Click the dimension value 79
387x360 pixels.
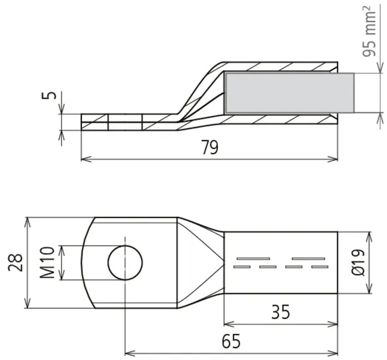click(x=210, y=147)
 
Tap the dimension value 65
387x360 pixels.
click(x=231, y=341)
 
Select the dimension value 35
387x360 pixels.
click(x=280, y=312)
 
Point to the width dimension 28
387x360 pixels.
click(x=15, y=263)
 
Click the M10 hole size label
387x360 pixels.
click(x=47, y=263)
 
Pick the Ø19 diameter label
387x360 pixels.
click(x=358, y=263)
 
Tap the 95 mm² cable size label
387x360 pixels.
click(x=369, y=31)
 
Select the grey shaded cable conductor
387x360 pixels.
click(x=290, y=93)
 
